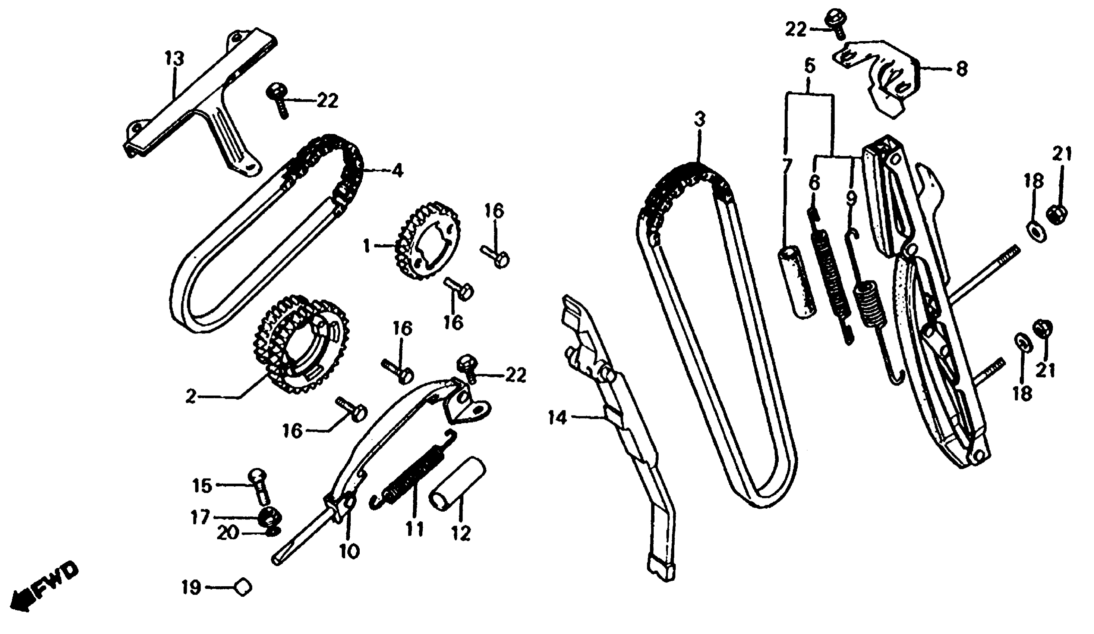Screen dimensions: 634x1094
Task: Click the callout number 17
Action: tap(200, 518)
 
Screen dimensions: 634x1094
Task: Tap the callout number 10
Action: tap(350, 552)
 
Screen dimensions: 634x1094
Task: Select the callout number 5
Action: tap(810, 66)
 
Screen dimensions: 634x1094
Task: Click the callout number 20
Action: tap(227, 533)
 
